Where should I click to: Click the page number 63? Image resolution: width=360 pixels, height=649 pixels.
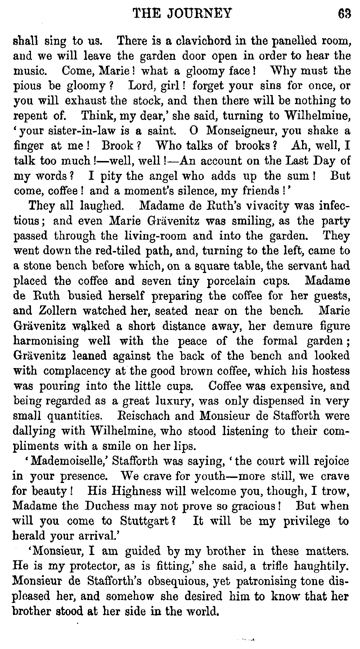[344, 13]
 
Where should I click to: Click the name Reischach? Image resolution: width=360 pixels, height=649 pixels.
[143, 416]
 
